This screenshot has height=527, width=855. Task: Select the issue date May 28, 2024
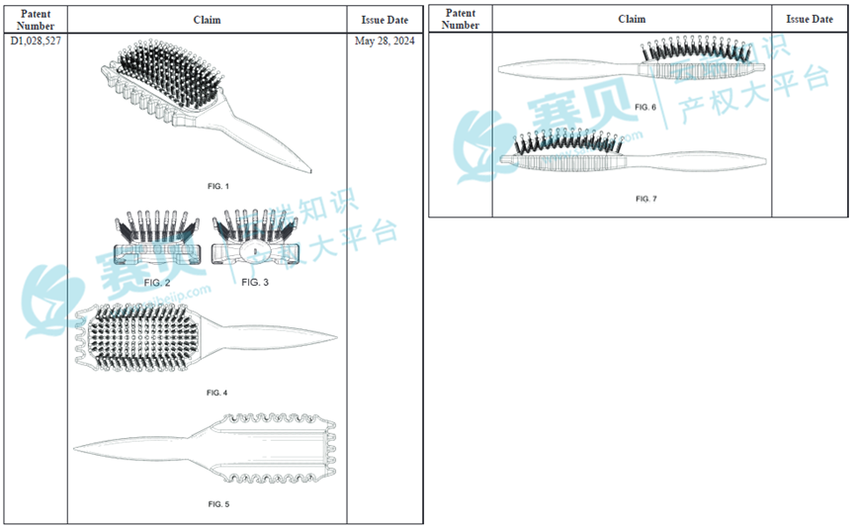[384, 42]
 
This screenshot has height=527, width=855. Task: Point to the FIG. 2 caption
[157, 283]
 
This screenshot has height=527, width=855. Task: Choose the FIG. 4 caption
[217, 393]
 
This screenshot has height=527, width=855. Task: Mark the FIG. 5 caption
[218, 504]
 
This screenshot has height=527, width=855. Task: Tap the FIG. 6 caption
[645, 106]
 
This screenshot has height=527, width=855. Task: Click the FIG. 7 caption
[645, 199]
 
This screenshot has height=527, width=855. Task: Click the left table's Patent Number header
[35, 19]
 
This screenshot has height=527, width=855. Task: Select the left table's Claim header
[208, 19]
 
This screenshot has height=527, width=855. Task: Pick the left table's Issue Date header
[385, 19]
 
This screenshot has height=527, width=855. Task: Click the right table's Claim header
[632, 19]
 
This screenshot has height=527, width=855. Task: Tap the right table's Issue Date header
[810, 19]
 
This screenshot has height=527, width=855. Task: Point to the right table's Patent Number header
[461, 19]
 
